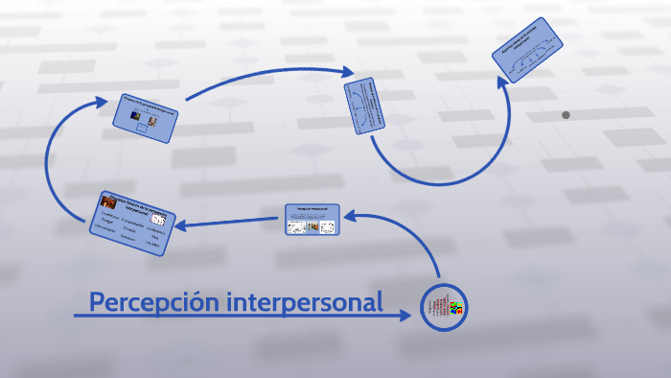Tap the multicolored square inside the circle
456,309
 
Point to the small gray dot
566,115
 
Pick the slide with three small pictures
312,220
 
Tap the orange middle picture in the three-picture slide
311,227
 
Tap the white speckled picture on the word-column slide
157,219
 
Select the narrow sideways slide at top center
364,106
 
